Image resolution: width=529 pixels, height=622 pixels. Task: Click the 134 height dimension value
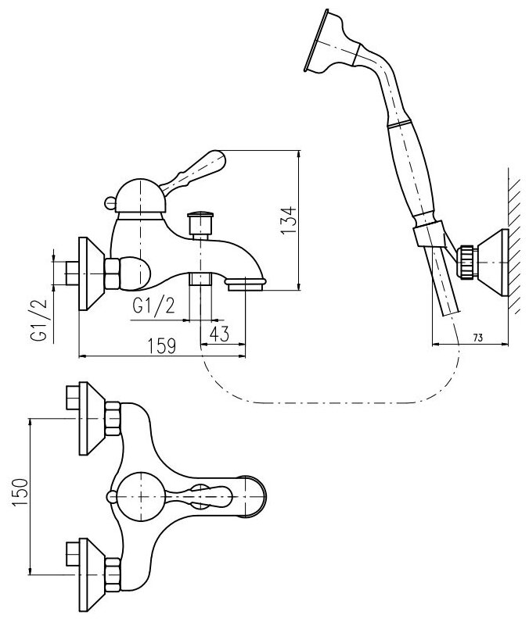288,222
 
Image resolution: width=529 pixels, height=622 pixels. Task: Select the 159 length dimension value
160,345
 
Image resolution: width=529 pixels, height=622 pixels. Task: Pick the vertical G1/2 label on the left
36,322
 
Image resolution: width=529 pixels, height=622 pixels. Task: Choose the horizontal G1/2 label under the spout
153,306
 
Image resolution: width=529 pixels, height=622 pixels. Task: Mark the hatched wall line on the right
511,234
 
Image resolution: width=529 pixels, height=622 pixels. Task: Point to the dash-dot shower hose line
329,403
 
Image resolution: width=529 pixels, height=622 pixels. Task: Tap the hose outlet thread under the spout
202,281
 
